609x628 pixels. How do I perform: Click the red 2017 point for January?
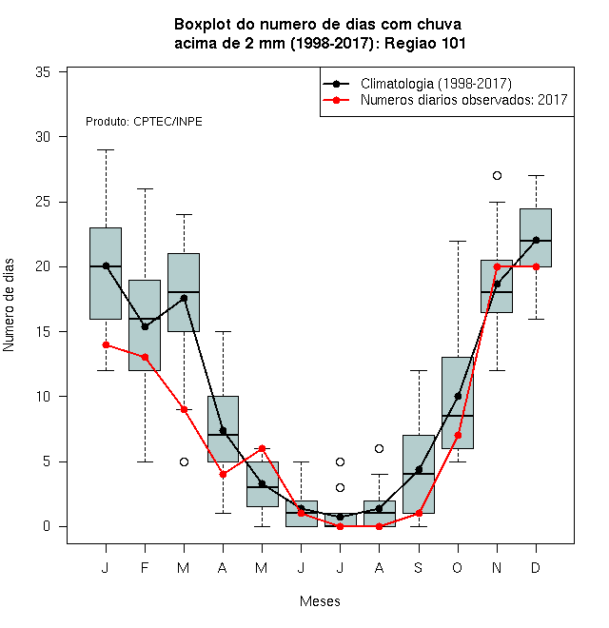pos(106,344)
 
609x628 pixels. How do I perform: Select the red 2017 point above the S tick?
pos(419,513)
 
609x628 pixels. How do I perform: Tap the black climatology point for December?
pos(536,240)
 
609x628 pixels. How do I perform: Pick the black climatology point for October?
pos(458,396)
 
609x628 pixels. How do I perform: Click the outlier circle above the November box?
pos(497,175)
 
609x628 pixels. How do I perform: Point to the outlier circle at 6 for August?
pos(379,448)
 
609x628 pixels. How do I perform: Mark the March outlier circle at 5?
pos(184,461)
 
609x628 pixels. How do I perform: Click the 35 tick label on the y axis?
pos(43,72)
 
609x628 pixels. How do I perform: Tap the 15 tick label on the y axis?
pos(43,332)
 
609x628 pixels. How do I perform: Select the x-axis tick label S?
pos(419,567)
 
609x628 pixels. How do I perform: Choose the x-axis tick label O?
pos(458,567)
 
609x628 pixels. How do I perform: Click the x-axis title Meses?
pos(320,601)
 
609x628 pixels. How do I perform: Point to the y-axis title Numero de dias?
pos(9,305)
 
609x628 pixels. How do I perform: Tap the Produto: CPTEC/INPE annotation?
pos(144,122)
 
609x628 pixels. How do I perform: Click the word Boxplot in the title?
pos(203,25)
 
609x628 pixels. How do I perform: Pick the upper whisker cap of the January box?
pos(106,149)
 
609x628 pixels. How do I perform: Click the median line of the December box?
pos(536,241)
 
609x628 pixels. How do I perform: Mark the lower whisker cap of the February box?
pos(145,461)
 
